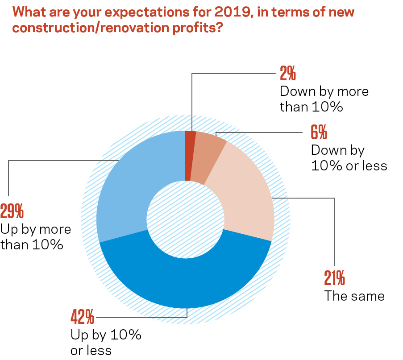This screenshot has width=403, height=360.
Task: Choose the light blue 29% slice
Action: pyautogui.click(x=129, y=187)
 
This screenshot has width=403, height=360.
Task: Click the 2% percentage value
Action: pyautogui.click(x=288, y=73)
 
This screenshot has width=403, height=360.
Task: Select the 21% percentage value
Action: pyautogui.click(x=334, y=278)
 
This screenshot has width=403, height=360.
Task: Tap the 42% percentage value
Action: pyautogui.click(x=83, y=318)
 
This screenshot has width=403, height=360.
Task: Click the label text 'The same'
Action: pyautogui.click(x=354, y=296)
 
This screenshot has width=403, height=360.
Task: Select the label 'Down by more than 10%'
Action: pyautogui.click(x=324, y=99)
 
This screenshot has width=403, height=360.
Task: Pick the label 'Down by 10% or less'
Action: pyautogui.click(x=349, y=158)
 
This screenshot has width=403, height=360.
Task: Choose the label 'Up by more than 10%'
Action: pyautogui.click(x=36, y=237)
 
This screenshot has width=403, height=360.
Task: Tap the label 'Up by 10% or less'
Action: pyautogui.click(x=106, y=342)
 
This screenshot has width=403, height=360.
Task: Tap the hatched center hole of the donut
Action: pyautogui.click(x=185, y=219)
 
